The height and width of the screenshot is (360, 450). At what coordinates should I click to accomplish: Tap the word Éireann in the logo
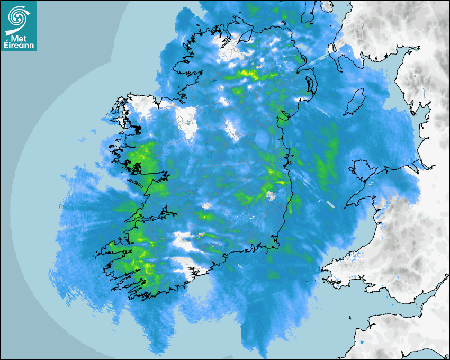tap(19, 45)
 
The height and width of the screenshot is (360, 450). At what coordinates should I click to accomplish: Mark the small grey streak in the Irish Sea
tap(330, 204)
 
